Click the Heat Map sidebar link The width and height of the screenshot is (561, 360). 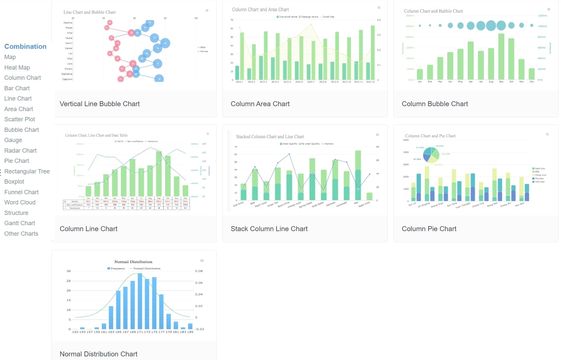click(x=17, y=68)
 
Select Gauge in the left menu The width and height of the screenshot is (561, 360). click(x=13, y=140)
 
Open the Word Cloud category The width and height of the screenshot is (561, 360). click(x=20, y=202)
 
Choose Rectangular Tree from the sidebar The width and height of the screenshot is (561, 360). click(x=27, y=171)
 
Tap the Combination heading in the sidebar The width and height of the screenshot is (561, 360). click(x=25, y=46)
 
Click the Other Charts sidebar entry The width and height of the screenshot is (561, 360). click(x=21, y=234)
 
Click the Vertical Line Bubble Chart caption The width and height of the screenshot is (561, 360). click(x=100, y=104)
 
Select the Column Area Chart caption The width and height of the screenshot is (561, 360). click(x=260, y=104)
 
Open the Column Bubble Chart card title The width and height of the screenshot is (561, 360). click(x=435, y=104)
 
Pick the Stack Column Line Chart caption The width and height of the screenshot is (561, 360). click(x=269, y=229)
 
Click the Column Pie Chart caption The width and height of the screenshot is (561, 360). click(x=429, y=229)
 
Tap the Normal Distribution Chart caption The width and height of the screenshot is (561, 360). click(x=99, y=354)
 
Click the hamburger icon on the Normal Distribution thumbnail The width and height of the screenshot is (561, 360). click(x=202, y=261)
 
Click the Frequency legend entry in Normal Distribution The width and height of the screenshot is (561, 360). click(x=116, y=268)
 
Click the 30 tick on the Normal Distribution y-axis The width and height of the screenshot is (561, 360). click(x=69, y=271)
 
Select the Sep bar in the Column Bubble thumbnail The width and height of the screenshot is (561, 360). click(x=501, y=56)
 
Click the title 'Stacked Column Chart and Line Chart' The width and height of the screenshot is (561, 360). click(x=270, y=136)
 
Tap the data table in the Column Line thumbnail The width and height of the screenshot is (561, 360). click(x=126, y=204)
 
